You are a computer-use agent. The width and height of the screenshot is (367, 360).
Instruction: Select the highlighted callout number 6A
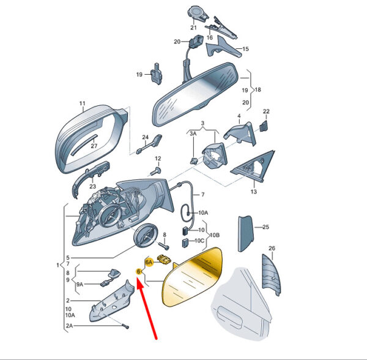(x=149, y=262)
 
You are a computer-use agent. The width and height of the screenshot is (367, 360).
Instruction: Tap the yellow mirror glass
(x=192, y=277)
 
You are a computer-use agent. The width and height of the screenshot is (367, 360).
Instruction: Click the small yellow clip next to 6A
(x=165, y=259)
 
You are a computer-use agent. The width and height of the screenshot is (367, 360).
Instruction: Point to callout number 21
(x=193, y=28)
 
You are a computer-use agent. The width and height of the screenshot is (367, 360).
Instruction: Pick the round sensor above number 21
(x=198, y=13)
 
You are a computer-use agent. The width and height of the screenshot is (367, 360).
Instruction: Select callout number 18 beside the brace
(x=258, y=90)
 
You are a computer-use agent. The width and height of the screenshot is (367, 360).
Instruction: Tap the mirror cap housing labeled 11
(x=91, y=138)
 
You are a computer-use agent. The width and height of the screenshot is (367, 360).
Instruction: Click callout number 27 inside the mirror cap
(x=94, y=146)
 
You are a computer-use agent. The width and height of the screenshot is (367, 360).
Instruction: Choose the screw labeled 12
(x=155, y=171)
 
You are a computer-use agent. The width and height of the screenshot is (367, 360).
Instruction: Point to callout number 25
(x=265, y=227)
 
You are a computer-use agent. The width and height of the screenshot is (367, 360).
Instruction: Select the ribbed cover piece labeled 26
(x=272, y=274)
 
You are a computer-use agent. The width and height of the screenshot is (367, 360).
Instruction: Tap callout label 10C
(x=199, y=241)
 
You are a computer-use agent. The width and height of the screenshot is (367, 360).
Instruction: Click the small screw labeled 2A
(x=125, y=326)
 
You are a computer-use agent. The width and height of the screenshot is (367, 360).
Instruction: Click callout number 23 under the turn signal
(x=93, y=187)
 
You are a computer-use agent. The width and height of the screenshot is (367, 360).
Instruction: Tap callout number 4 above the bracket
(x=239, y=116)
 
